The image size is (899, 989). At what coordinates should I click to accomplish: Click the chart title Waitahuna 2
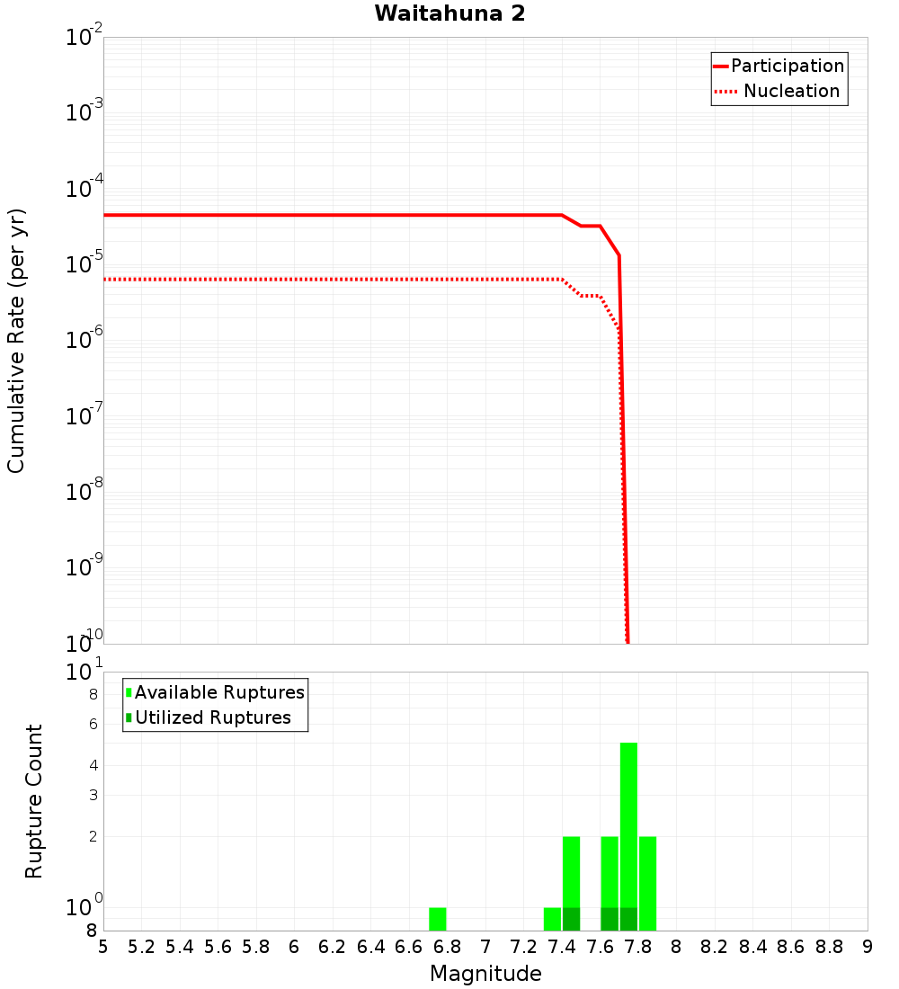pyautogui.click(x=449, y=14)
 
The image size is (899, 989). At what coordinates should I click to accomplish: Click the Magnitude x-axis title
pyautogui.click(x=485, y=973)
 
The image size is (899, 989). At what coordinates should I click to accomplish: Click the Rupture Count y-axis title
pyautogui.click(x=34, y=801)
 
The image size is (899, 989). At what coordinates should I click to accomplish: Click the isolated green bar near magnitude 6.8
pyautogui.click(x=438, y=919)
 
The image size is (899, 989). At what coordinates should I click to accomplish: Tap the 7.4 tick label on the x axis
pyautogui.click(x=562, y=947)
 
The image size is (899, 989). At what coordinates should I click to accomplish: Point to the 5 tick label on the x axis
pyautogui.click(x=103, y=947)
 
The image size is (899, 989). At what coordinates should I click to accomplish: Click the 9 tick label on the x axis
pyautogui.click(x=868, y=947)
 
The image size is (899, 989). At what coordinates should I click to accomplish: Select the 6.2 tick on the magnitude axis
pyautogui.click(x=333, y=947)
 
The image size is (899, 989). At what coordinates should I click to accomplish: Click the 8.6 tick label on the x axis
pyautogui.click(x=791, y=947)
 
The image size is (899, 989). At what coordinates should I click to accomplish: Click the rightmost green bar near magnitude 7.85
pyautogui.click(x=647, y=883)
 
